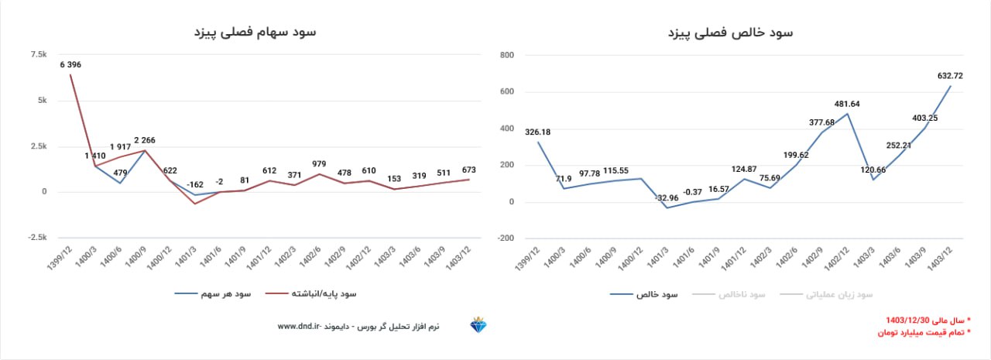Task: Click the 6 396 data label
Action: [x=70, y=64]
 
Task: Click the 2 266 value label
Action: [x=146, y=140]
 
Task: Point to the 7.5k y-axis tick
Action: [x=38, y=54]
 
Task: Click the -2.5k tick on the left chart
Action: [x=36, y=238]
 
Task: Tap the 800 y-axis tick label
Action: [x=506, y=55]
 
